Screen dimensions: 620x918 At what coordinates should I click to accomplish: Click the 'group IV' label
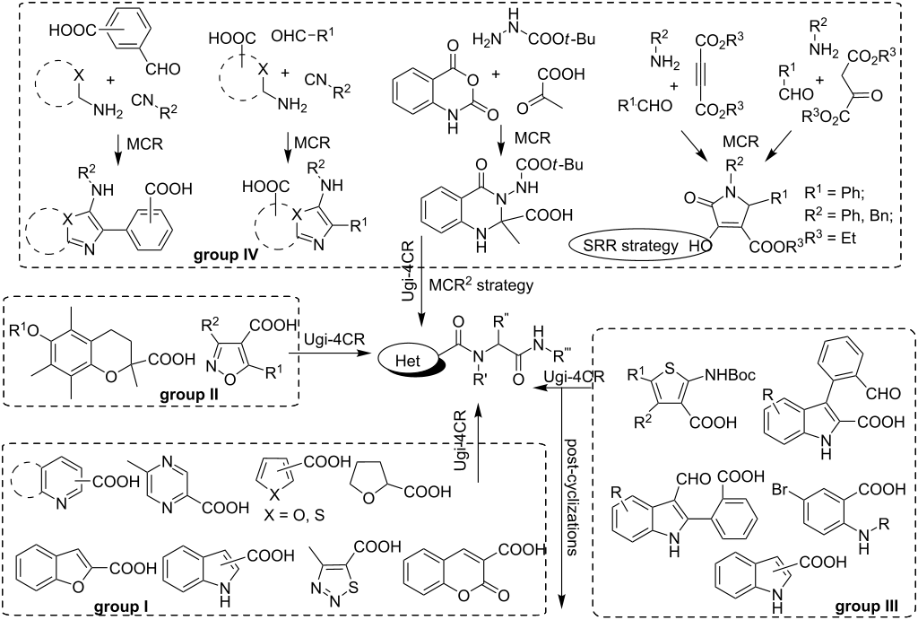click(x=229, y=254)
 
